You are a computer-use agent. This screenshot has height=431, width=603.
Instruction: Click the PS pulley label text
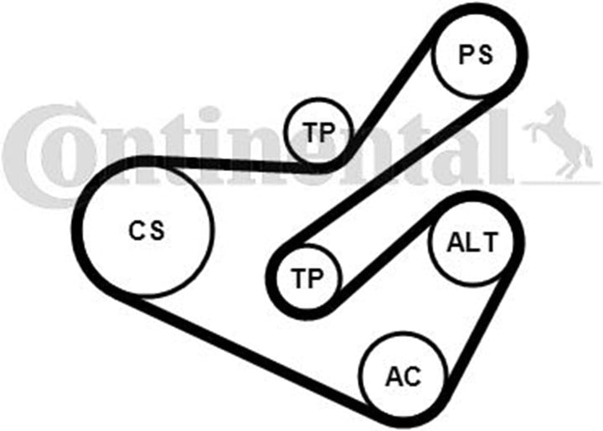point(476,55)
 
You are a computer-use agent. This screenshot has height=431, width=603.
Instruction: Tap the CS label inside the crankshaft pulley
point(146,231)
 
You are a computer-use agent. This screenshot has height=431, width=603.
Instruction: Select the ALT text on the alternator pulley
point(472,242)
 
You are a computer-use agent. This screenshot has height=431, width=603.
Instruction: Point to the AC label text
point(403,376)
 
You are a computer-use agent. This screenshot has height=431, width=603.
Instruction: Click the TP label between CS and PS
point(318,132)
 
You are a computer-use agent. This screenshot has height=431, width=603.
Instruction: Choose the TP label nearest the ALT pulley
point(307,278)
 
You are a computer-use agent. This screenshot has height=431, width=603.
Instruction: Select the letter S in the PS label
point(485,55)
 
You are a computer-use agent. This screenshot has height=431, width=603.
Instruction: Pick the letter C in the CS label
point(137,231)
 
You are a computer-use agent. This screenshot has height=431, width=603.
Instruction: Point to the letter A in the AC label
point(394,376)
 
